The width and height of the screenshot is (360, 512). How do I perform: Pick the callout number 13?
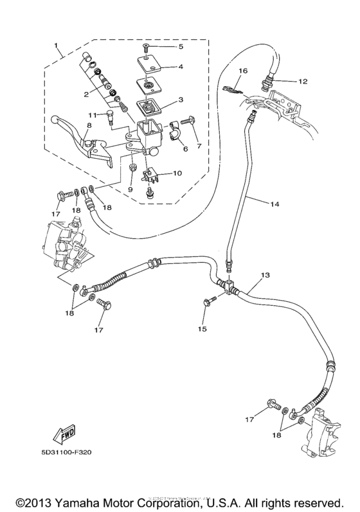(x=264, y=275)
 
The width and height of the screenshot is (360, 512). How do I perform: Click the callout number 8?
(x=89, y=125)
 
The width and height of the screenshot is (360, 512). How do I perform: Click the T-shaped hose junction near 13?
(x=228, y=287)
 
